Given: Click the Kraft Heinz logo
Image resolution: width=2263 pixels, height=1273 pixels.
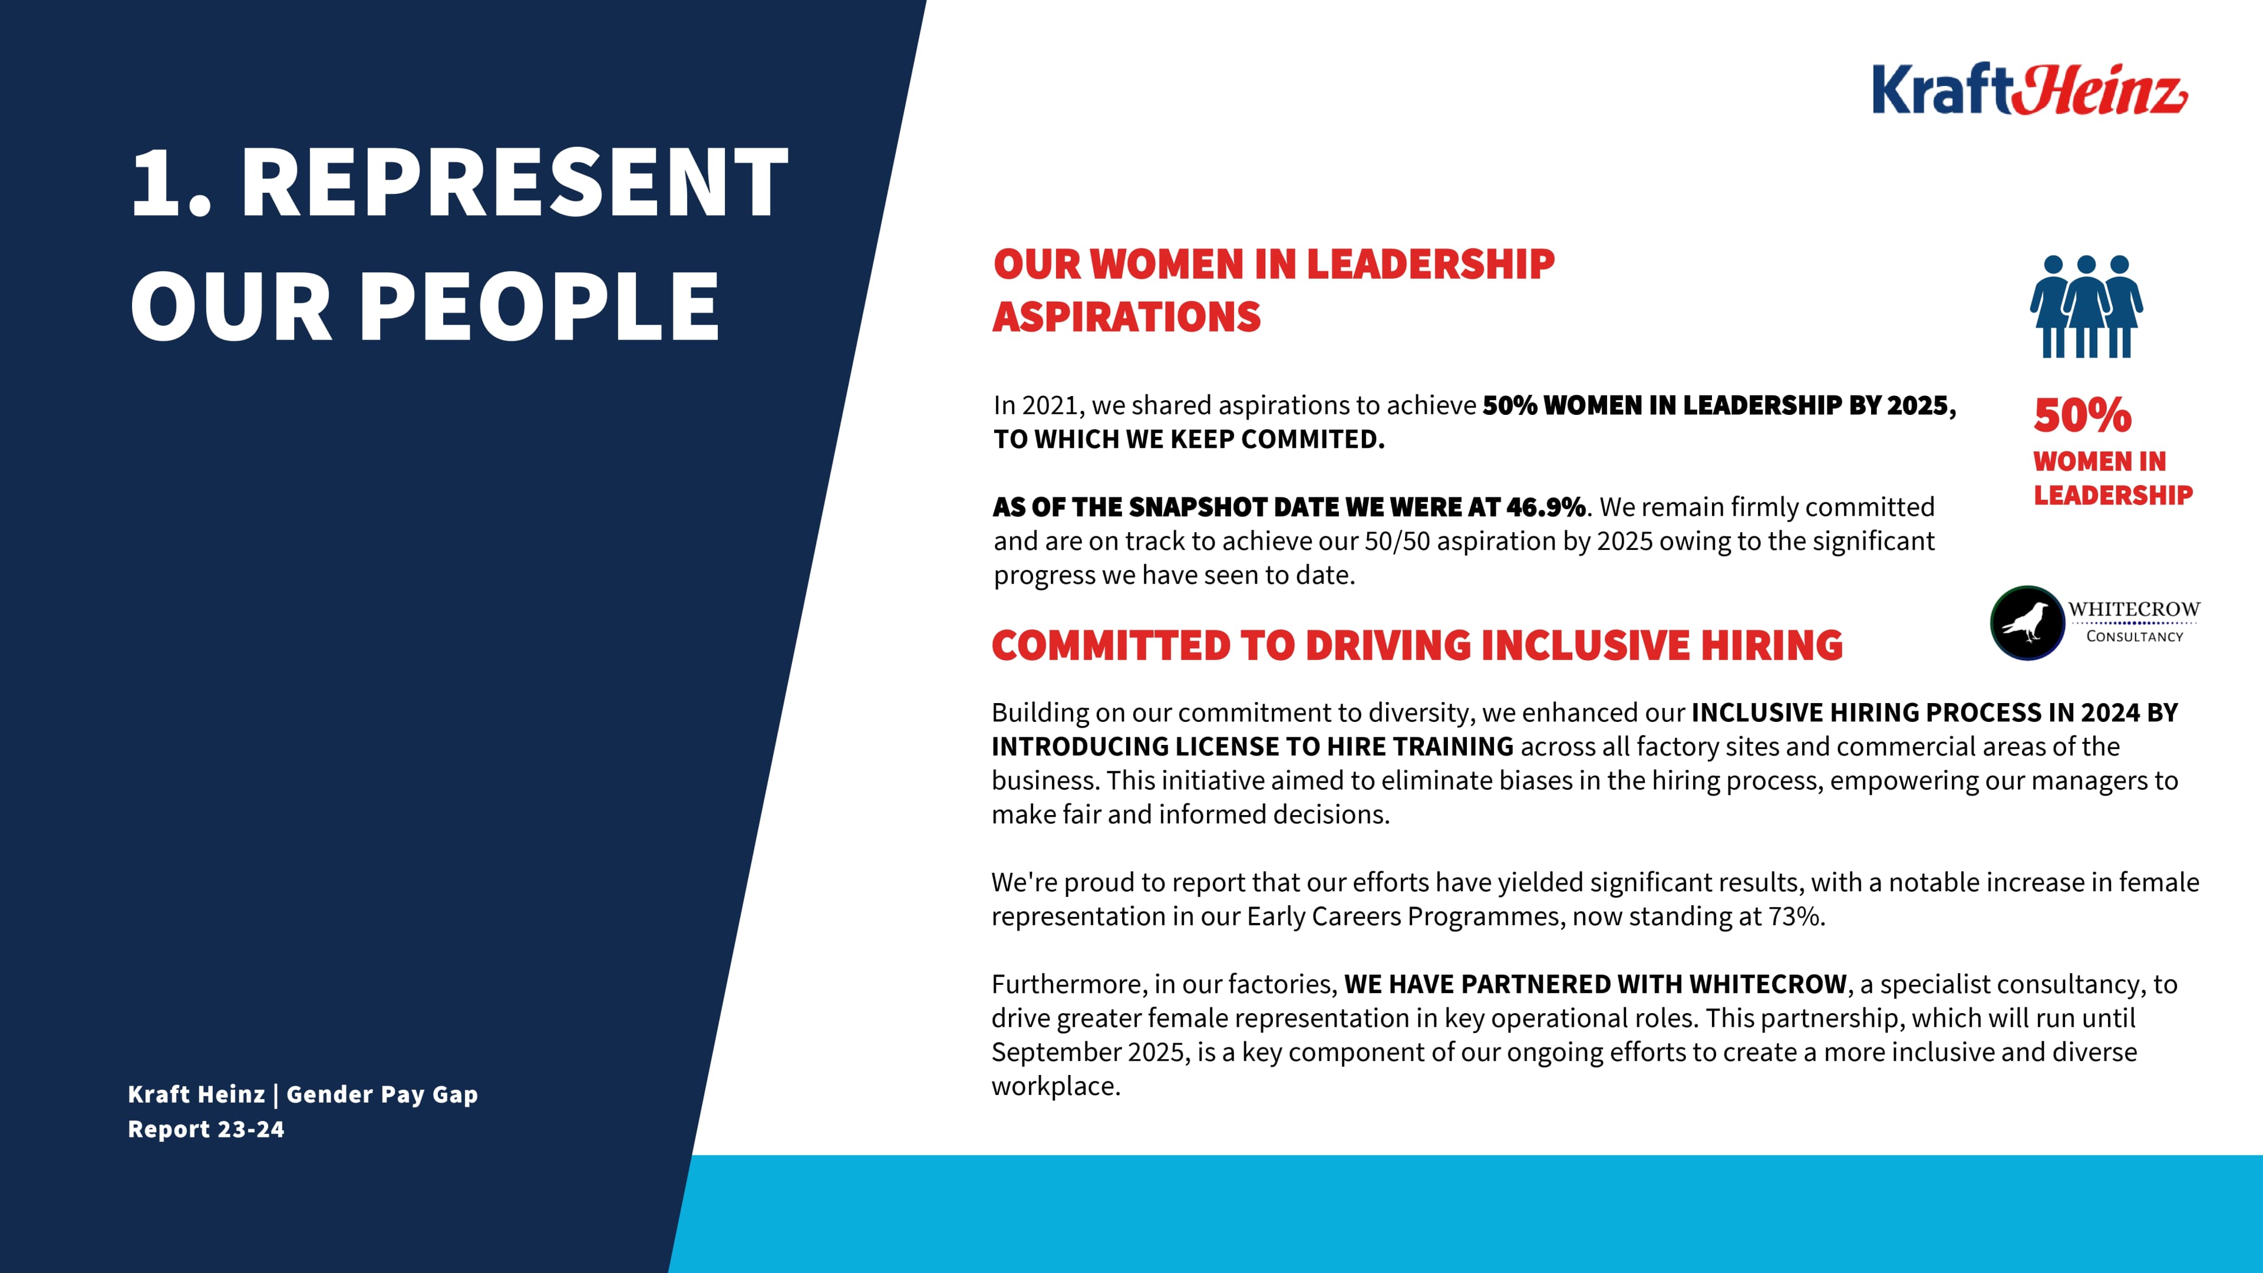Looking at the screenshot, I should tap(2028, 90).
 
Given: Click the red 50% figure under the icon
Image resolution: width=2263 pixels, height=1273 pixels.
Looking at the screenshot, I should tap(2082, 415).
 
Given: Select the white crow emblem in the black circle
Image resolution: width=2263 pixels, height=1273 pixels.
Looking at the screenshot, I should tap(2027, 623).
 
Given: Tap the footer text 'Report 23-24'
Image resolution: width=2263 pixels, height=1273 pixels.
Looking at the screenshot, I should tap(206, 1130).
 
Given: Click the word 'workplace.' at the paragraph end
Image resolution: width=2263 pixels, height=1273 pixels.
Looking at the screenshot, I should tap(1056, 1087).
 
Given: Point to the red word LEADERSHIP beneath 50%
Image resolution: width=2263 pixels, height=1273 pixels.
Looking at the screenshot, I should tap(2113, 496).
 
